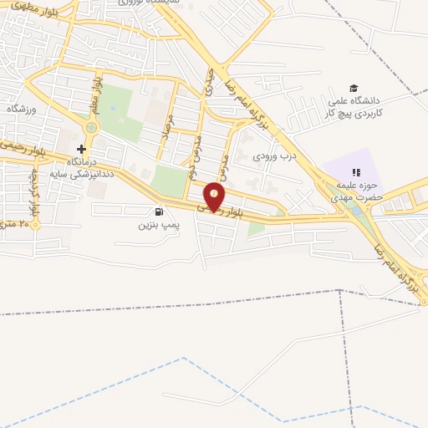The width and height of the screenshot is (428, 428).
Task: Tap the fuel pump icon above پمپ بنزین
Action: (x=159, y=212)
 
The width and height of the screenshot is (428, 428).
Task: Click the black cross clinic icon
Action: (x=81, y=149)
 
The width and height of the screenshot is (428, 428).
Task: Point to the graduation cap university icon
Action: (x=354, y=89)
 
